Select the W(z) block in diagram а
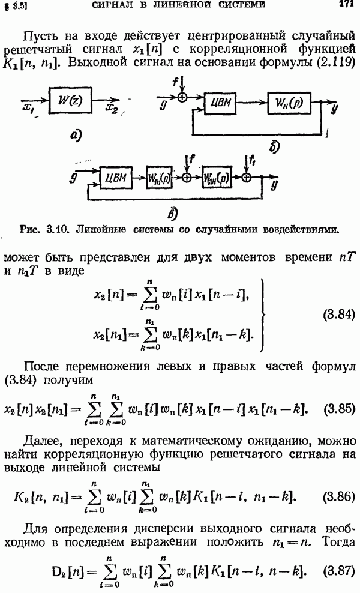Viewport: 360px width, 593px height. [x=70, y=101]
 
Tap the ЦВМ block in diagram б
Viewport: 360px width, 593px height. [x=220, y=103]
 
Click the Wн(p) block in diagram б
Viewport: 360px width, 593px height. [x=289, y=103]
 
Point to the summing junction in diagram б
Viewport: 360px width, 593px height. [x=182, y=98]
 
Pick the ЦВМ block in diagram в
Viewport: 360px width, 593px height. [x=116, y=178]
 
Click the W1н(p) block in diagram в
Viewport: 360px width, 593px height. [x=159, y=178]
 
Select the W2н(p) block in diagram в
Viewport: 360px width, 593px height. [x=217, y=178]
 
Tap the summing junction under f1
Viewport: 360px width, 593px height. [x=246, y=177]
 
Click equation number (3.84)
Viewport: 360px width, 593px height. [x=339, y=315]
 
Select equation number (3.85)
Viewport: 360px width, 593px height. [x=339, y=409]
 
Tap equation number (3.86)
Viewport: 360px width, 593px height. [x=339, y=496]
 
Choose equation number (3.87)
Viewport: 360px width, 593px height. [x=339, y=571]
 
